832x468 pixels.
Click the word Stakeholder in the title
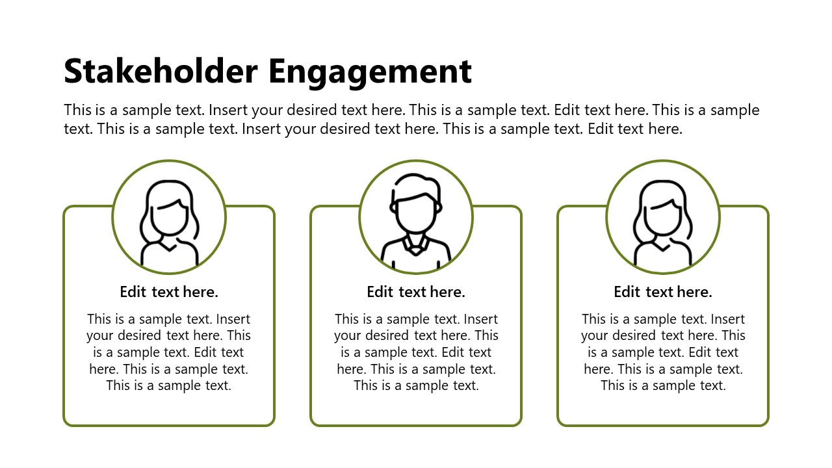click(x=161, y=71)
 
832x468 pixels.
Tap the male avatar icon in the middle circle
click(x=416, y=221)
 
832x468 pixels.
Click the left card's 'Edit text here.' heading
click(x=169, y=292)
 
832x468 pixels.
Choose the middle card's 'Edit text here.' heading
click(x=416, y=292)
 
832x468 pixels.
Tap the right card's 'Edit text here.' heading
click(x=663, y=292)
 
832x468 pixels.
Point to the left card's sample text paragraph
click(x=169, y=352)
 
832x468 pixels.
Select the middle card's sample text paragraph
click(x=416, y=352)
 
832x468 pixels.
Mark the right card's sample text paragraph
click(x=663, y=352)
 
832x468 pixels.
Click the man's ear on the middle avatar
click(x=393, y=207)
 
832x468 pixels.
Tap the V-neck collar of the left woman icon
click(x=169, y=247)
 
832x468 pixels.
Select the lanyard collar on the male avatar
click(x=416, y=245)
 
